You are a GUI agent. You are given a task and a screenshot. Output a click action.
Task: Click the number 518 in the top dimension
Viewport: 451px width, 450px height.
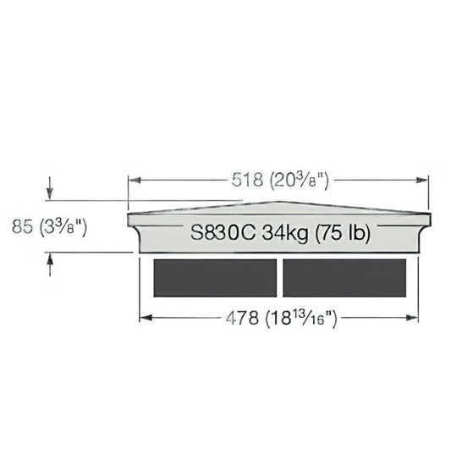247,181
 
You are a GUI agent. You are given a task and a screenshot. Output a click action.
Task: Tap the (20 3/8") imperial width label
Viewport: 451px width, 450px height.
300,181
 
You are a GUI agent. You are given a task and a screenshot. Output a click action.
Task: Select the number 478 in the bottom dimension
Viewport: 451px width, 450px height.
242,319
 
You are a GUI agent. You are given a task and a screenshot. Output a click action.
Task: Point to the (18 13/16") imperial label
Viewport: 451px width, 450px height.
301,319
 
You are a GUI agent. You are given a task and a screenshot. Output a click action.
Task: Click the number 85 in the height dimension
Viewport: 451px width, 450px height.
22,226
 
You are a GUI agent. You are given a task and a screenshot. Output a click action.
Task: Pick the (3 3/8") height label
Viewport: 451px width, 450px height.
63,227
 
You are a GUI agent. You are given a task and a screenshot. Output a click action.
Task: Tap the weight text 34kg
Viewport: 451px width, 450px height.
284,233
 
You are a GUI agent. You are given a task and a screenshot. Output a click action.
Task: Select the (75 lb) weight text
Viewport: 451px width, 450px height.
343,233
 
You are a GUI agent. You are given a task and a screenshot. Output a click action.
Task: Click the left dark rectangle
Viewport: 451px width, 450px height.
215,278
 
